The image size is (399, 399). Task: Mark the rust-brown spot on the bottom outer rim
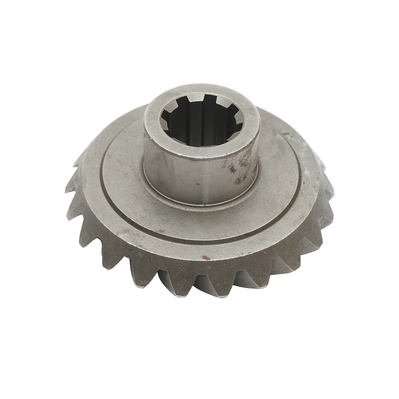coord(206,257)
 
